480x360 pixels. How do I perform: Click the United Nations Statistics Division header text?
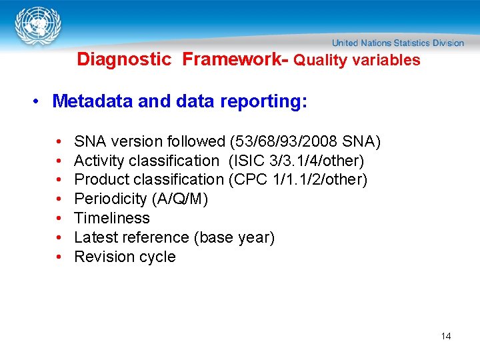tap(398, 43)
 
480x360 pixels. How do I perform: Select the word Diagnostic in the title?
tap(124, 59)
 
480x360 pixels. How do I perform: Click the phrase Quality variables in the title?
tap(357, 60)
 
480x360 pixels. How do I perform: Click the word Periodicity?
tap(110, 199)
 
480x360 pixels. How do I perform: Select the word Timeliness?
tap(112, 218)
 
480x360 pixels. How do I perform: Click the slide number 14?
tap(446, 336)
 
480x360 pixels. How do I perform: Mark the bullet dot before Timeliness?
tap(59, 218)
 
